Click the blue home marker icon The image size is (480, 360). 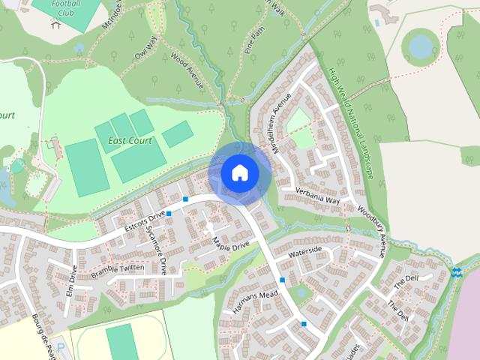click(x=239, y=173)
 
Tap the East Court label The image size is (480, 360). click(x=129, y=140)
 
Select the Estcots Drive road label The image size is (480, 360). click(x=144, y=218)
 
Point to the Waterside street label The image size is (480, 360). click(x=305, y=250)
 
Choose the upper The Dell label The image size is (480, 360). click(x=406, y=280)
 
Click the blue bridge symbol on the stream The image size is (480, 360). click(x=457, y=271)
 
